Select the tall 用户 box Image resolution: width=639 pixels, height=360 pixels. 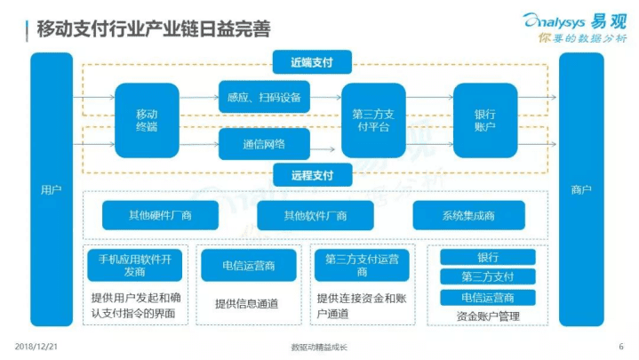point(51,189)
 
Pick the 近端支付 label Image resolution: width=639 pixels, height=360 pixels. point(311,61)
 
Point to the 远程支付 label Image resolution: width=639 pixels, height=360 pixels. point(311,175)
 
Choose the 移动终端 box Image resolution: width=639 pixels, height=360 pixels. point(147,120)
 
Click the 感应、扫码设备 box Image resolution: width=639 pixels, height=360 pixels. point(264,96)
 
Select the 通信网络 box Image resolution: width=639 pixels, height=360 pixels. point(264,144)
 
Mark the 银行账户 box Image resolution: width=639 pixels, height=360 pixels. point(485,120)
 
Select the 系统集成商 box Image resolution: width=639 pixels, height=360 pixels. point(468,215)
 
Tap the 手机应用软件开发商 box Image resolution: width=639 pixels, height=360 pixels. point(134,265)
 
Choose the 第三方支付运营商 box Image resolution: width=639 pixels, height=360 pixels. point(362,265)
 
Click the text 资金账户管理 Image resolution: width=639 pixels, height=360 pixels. point(488,316)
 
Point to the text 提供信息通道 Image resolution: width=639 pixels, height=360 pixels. point(246,303)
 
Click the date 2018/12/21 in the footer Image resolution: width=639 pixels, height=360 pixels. point(36,346)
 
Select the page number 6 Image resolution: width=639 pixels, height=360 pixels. point(619,346)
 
